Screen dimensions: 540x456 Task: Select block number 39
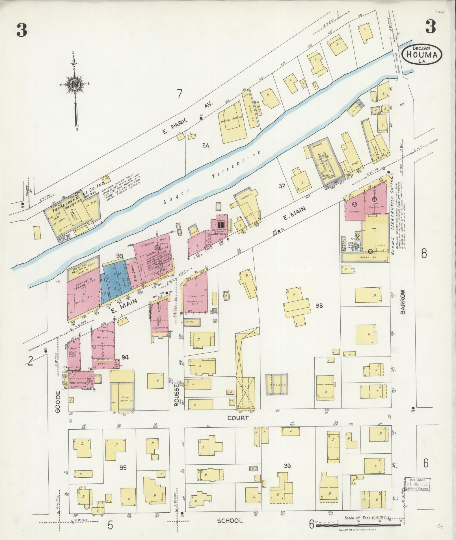[288, 465]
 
